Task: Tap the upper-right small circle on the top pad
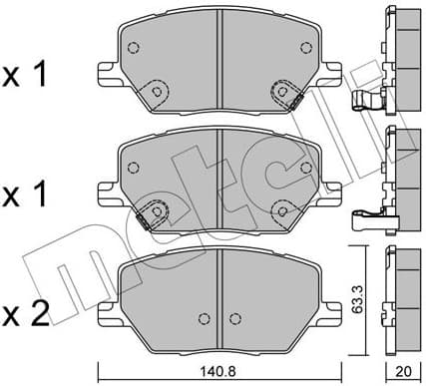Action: (303, 45)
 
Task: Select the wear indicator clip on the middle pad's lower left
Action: (151, 211)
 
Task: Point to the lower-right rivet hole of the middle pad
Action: (278, 208)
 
